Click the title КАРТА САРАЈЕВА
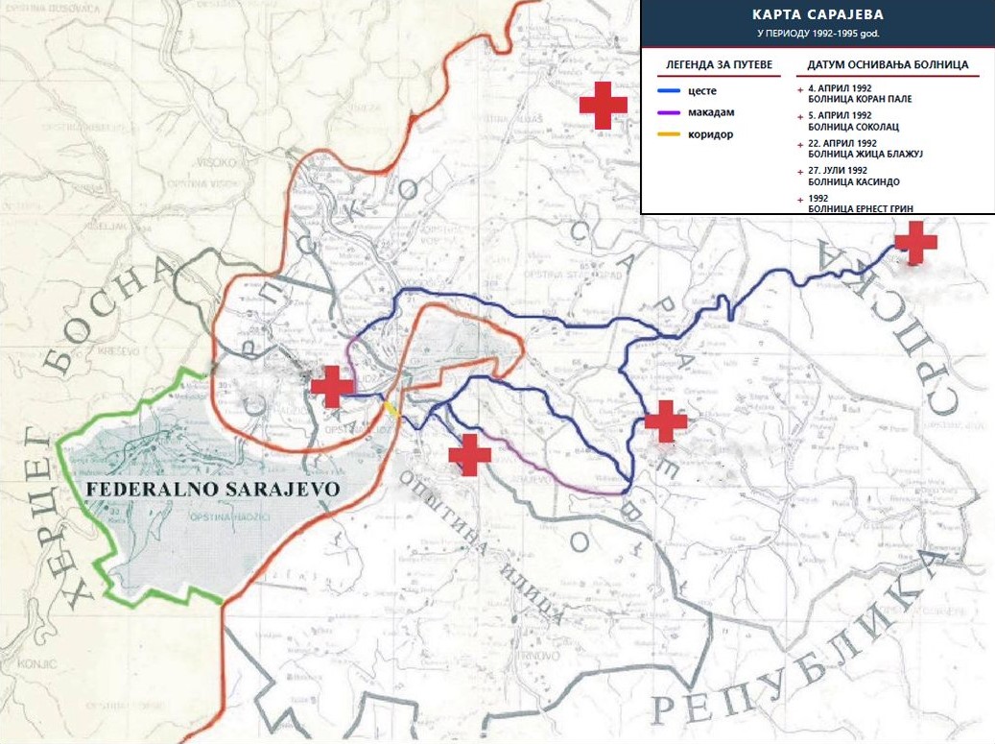click(817, 16)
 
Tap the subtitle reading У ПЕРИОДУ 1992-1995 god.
click(817, 34)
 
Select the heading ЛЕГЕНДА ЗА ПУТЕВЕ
click(713, 65)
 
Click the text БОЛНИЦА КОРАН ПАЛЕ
click(860, 99)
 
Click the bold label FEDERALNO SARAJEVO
click(213, 489)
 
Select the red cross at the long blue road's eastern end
click(915, 243)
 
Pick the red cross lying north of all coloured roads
click(603, 105)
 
